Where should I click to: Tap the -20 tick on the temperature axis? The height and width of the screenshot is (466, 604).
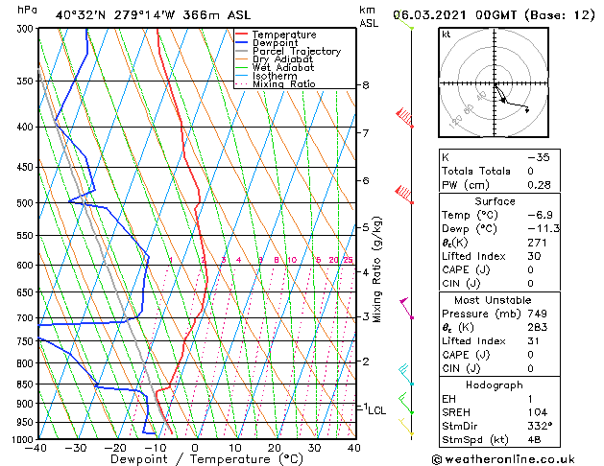115,448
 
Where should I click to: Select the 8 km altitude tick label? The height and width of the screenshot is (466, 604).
366,85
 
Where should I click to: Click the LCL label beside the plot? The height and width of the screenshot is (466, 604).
377,410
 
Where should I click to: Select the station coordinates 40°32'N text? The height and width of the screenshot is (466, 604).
79,14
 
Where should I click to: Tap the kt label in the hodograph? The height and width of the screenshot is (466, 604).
447,35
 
